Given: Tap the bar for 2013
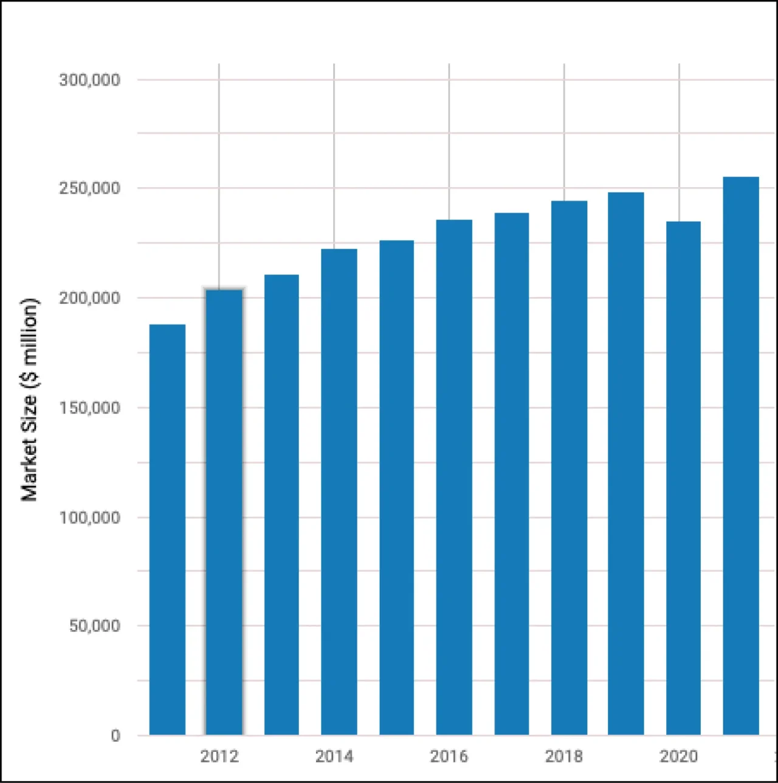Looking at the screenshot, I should (x=281, y=505).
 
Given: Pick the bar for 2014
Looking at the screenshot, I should (x=339, y=492).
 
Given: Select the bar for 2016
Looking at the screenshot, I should (x=454, y=477).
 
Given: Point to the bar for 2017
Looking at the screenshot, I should (x=512, y=474).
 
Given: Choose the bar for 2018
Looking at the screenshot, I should (x=569, y=468).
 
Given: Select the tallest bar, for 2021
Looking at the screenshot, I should (x=741, y=456).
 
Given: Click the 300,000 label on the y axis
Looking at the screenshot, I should (x=89, y=80).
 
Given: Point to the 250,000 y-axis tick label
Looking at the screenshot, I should (x=89, y=188).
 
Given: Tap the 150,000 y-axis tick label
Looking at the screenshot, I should (x=89, y=408).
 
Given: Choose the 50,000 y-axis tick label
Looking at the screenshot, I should (x=94, y=626).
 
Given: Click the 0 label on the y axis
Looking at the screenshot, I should (x=115, y=736).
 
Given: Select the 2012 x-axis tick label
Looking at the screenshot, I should (x=219, y=756).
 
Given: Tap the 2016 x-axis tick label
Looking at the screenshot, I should (x=449, y=756).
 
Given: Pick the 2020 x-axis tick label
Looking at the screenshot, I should (x=679, y=756).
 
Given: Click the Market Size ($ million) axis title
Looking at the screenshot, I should (x=29, y=400).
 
